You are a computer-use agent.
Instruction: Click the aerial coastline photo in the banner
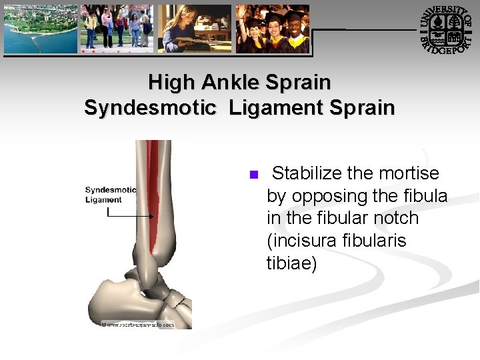pyautogui.click(x=41, y=29)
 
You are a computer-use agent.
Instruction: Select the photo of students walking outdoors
pyautogui.click(x=117, y=29)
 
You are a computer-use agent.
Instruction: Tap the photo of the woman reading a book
pyautogui.click(x=194, y=29)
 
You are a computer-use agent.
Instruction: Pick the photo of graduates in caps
pyautogui.click(x=273, y=29)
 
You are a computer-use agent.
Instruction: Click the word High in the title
pyautogui.click(x=171, y=83)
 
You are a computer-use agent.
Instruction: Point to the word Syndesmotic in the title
pyautogui.click(x=150, y=107)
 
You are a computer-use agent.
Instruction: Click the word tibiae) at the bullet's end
pyautogui.click(x=292, y=263)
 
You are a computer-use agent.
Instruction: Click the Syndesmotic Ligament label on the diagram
pyautogui.click(x=110, y=195)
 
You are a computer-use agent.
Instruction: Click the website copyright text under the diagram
pyautogui.click(x=138, y=325)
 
